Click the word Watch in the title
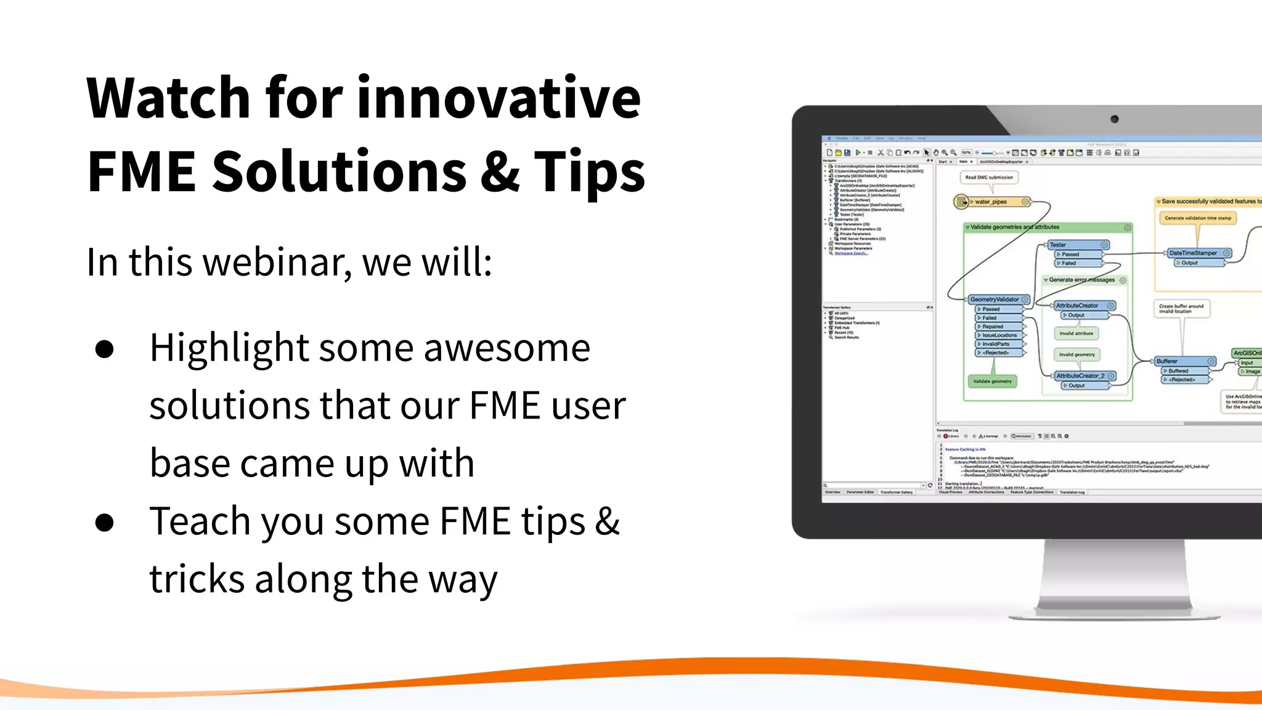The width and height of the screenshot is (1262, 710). click(168, 99)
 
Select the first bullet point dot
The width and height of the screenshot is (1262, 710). click(105, 349)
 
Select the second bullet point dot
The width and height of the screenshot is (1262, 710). click(105, 523)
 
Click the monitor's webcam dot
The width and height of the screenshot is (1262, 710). click(1114, 119)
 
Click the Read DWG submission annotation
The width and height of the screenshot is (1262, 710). click(989, 177)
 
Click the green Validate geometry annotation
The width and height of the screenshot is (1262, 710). click(992, 382)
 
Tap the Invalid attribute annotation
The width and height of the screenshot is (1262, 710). click(1076, 333)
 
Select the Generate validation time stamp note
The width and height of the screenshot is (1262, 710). click(1197, 218)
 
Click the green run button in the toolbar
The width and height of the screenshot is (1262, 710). click(858, 152)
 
